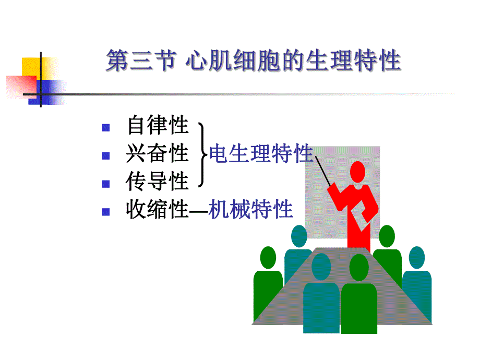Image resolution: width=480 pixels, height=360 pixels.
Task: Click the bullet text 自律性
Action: click(x=157, y=126)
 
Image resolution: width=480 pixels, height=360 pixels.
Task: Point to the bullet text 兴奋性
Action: click(x=157, y=154)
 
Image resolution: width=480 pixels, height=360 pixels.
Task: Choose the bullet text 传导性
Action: click(x=157, y=182)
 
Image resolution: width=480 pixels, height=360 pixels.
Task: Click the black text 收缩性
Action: click(x=157, y=210)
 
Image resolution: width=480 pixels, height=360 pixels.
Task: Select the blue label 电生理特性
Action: click(x=261, y=154)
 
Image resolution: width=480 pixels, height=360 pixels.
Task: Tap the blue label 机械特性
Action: click(x=250, y=210)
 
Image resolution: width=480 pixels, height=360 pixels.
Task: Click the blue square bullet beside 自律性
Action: click(x=106, y=127)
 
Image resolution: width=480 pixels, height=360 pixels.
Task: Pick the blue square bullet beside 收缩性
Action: click(x=106, y=211)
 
